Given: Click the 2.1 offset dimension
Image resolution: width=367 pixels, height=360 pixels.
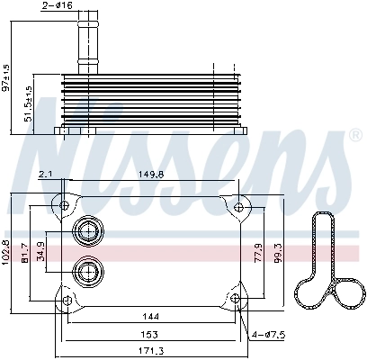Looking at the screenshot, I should click(x=45, y=177).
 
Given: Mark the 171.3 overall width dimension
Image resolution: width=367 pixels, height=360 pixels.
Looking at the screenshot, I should click(x=151, y=350).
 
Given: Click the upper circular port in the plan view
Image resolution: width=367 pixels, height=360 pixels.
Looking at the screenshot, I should click(x=87, y=231).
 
